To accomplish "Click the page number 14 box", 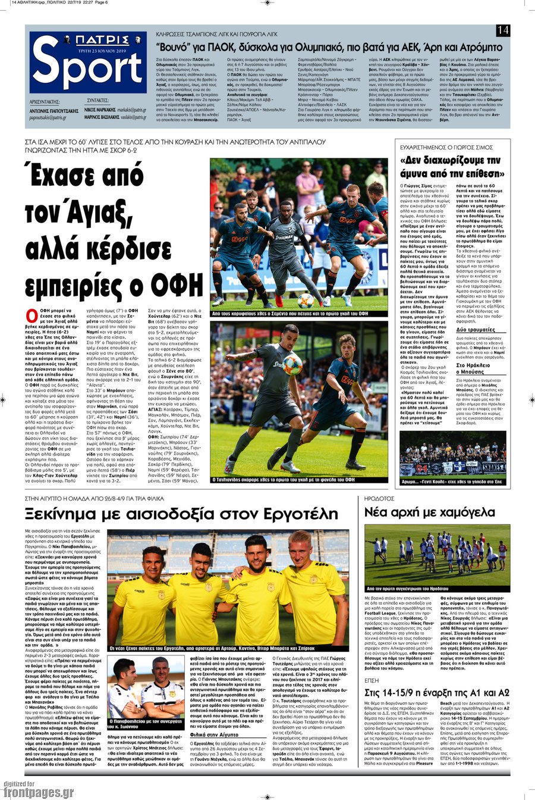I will click(x=503, y=30).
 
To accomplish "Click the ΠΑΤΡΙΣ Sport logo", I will click(x=87, y=62).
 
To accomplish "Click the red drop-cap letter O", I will click(x=32, y=315).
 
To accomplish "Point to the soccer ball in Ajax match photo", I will click(x=306, y=300).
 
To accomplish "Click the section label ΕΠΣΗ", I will click(x=372, y=664).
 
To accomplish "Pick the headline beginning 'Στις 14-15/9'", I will click(x=437, y=676).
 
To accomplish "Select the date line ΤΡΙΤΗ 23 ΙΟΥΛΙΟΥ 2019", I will click(x=88, y=50).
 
